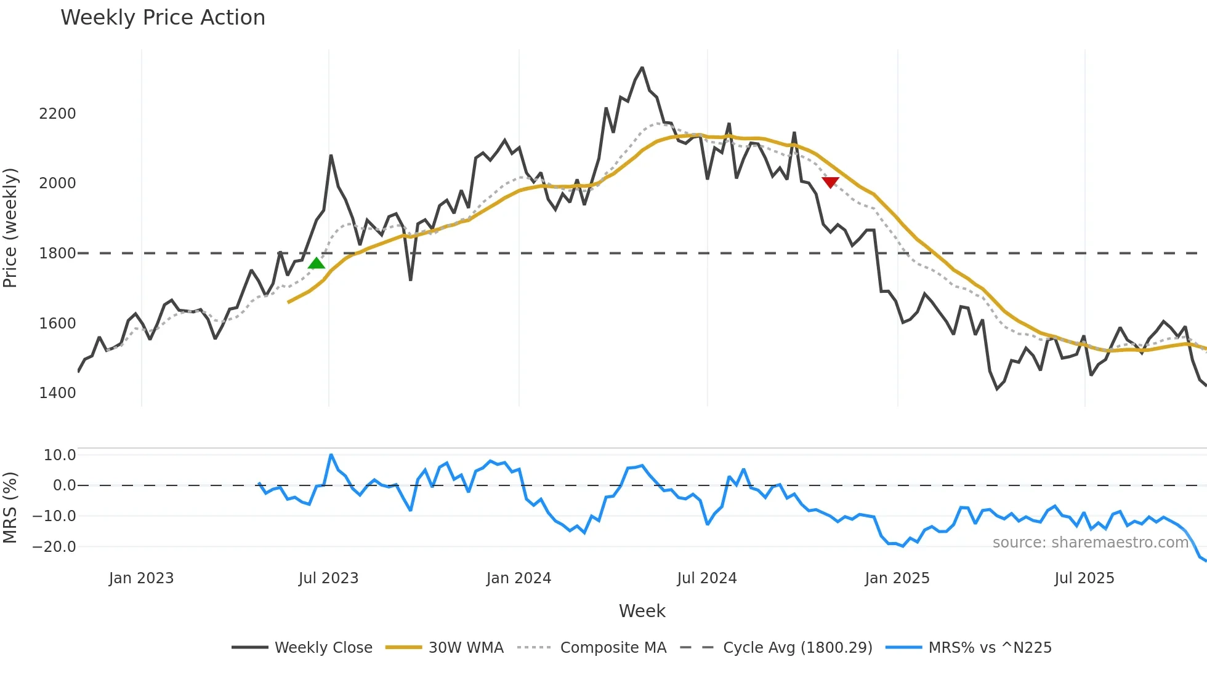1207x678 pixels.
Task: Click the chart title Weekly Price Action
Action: tap(163, 18)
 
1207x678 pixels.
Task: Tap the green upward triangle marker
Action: tap(317, 263)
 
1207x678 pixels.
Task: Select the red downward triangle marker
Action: tap(830, 182)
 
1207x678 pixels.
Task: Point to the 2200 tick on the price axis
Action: tap(57, 114)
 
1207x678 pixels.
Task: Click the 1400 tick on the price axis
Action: tap(57, 393)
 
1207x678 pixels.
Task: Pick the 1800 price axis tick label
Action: tap(57, 253)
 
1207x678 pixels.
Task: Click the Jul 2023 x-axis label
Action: tap(328, 578)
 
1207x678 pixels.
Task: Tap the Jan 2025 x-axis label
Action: tap(897, 578)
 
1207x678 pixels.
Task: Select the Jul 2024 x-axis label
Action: tap(706, 578)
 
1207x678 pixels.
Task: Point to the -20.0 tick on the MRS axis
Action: tap(55, 546)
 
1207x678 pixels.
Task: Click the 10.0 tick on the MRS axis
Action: tap(60, 455)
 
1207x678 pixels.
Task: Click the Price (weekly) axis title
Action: tap(10, 228)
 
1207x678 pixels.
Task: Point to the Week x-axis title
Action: tap(642, 611)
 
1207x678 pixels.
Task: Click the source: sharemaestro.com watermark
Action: tap(1090, 543)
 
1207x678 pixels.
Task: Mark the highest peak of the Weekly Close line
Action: tap(642, 68)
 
